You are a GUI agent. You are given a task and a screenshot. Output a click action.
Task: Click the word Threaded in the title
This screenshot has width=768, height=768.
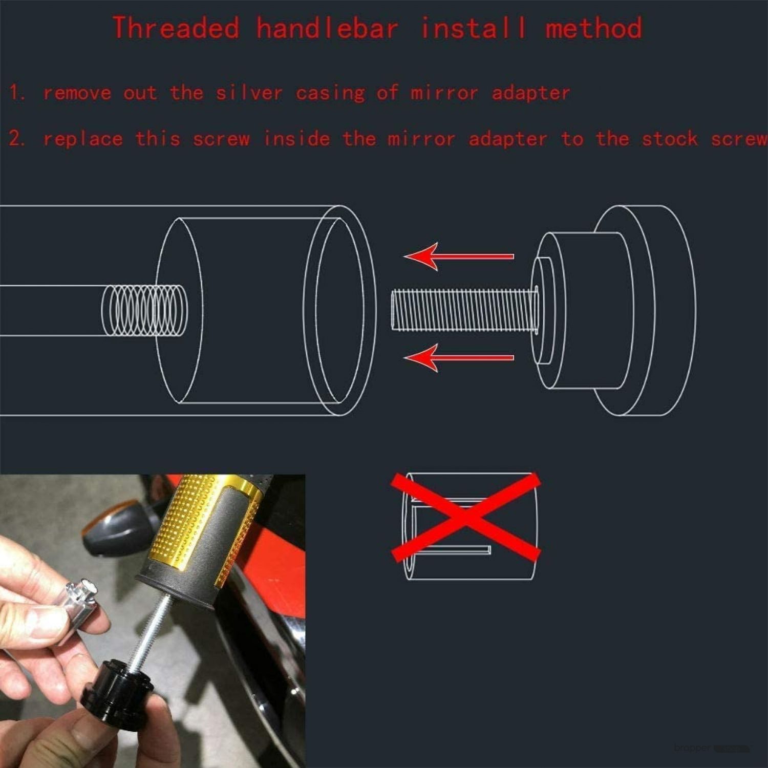[x=176, y=28]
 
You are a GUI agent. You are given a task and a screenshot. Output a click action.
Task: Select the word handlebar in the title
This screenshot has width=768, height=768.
[x=327, y=28]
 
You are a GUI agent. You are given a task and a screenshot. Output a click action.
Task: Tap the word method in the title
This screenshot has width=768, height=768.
[x=593, y=28]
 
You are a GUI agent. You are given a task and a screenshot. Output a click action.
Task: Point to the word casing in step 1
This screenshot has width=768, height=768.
[x=330, y=94]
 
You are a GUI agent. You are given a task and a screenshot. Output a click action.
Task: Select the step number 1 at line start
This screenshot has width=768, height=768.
[x=17, y=93]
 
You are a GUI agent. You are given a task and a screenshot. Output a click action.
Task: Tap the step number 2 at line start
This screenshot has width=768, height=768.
[x=17, y=139]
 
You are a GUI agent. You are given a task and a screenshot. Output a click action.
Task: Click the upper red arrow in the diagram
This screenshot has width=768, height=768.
[x=459, y=256]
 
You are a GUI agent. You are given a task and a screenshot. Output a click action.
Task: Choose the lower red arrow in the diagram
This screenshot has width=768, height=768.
[x=459, y=357]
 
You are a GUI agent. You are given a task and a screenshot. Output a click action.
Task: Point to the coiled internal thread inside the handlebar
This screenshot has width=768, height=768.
[x=145, y=310]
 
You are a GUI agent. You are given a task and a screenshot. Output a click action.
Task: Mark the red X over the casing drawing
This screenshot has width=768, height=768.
[x=466, y=517]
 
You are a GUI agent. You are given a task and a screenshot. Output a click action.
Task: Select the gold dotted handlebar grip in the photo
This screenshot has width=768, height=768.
[x=212, y=532]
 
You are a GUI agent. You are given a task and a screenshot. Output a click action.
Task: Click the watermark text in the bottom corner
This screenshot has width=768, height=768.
[x=712, y=748]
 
